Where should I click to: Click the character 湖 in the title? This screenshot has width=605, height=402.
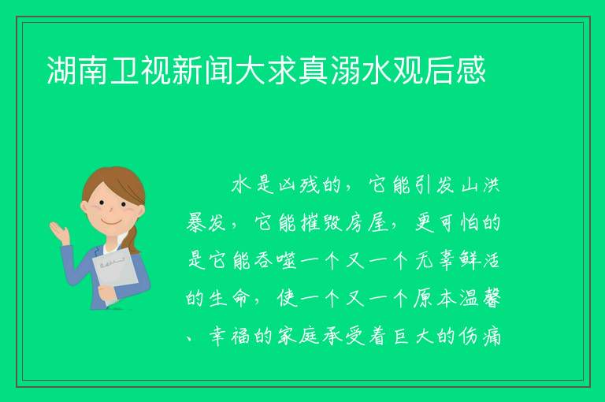tap(61, 70)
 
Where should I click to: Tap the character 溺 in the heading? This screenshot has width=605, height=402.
tap(344, 70)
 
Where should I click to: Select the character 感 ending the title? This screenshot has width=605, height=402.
tap(470, 70)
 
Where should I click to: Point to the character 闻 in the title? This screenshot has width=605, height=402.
tap(219, 70)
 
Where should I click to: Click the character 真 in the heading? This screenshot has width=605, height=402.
tap(313, 70)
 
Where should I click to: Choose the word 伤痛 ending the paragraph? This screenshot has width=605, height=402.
tap(481, 337)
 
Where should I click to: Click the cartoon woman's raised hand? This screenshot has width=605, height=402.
tap(60, 233)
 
